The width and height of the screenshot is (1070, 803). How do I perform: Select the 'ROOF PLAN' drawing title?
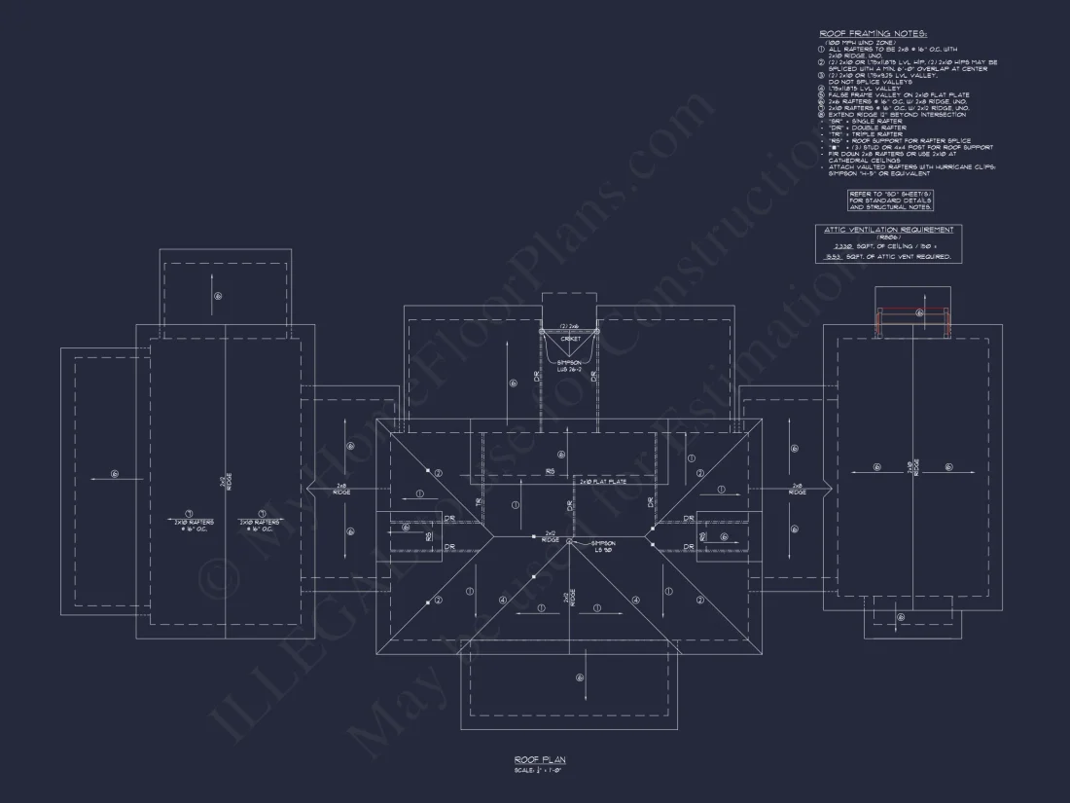(540, 759)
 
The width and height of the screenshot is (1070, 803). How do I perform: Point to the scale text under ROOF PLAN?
(540, 771)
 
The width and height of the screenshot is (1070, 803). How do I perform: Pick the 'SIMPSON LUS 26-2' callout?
(568, 365)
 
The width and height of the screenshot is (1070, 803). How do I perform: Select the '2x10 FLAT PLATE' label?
(602, 481)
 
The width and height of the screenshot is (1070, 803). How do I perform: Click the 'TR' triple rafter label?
(479, 501)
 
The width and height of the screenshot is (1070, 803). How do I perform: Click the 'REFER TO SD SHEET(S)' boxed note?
(890, 201)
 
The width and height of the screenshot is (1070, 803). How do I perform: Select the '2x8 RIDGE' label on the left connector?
(342, 489)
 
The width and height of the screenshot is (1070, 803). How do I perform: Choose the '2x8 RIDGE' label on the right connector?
(797, 489)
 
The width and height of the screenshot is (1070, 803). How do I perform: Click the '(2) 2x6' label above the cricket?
(569, 326)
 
